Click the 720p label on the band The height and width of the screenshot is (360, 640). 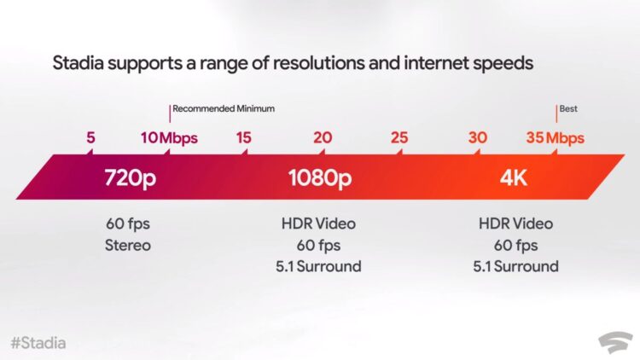pos(131,178)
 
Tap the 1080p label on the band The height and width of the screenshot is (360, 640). pos(320,178)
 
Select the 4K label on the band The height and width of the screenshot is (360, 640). pos(514,178)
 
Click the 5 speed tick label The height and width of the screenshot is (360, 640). pos(90,137)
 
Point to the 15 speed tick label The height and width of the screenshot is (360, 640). pos(244,137)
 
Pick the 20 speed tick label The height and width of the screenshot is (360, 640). pos(323,137)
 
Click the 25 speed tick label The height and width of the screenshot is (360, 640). pos(399,137)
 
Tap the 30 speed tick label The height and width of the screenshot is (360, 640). pos(478,137)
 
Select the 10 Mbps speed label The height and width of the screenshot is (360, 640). pos(169,138)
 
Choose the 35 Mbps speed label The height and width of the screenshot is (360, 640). pos(556,138)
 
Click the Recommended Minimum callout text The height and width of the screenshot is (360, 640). pos(224,108)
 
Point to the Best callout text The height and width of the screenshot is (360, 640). pos(568,108)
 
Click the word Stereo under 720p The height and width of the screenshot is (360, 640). pos(128,246)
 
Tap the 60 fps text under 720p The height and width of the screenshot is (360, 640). pos(128,224)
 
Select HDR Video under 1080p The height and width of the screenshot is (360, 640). pos(318,224)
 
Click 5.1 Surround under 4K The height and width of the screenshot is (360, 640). pos(515,266)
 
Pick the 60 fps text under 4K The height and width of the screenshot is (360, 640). pos(515,246)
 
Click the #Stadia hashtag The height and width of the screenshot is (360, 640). pos(38,343)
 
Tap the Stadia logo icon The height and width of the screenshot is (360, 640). pos(615,342)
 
